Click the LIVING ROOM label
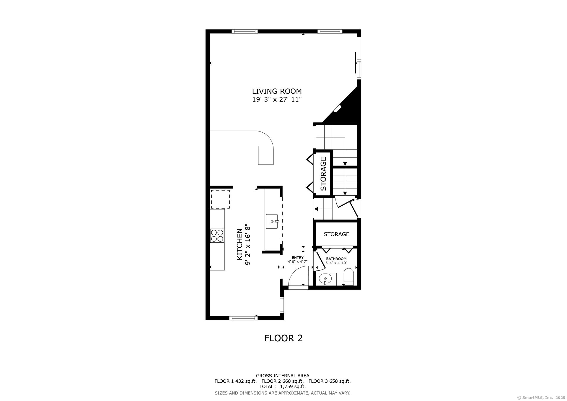[277, 91]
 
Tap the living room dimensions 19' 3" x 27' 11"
[277, 99]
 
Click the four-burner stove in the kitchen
[217, 236]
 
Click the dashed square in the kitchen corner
[220, 199]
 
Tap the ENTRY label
[297, 258]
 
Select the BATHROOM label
[336, 259]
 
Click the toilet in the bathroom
[349, 277]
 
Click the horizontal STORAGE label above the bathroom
[336, 234]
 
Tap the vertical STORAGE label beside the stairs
[323, 173]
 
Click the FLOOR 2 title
[283, 338]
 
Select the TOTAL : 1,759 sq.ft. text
[282, 386]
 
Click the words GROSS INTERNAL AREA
[283, 376]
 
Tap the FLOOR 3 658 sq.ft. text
[330, 381]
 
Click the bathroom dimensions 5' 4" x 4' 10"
[336, 263]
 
